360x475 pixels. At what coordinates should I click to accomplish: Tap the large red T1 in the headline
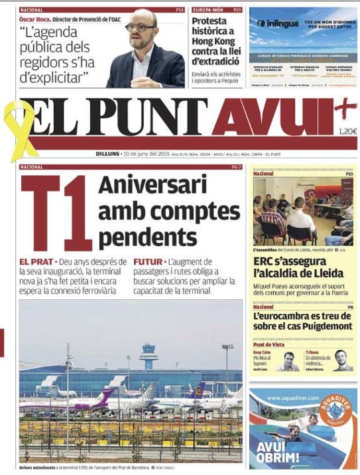click(56, 212)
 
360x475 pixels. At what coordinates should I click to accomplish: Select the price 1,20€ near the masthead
click(347, 131)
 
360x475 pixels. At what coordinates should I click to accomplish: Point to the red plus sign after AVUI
click(343, 108)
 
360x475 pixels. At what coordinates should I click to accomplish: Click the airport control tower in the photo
click(149, 356)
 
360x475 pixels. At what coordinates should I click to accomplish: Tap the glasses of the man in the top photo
click(141, 27)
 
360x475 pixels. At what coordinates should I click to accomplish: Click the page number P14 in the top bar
click(179, 10)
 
